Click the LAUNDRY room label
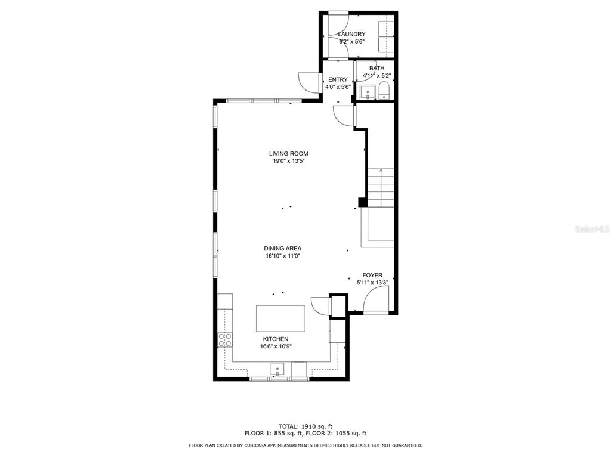tap(351, 34)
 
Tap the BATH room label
tap(377, 68)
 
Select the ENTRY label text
tap(338, 79)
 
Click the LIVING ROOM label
tap(288, 154)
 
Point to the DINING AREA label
tap(282, 249)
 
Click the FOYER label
tap(372, 276)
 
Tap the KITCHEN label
tap(276, 339)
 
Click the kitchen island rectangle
tap(280, 318)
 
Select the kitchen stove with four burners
tap(225, 339)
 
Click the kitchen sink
tap(277, 369)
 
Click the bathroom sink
tap(368, 92)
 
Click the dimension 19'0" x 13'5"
tap(288, 161)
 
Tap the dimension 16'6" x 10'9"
tap(276, 346)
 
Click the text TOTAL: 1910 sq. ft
tap(305, 426)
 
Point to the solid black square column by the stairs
tap(363, 203)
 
